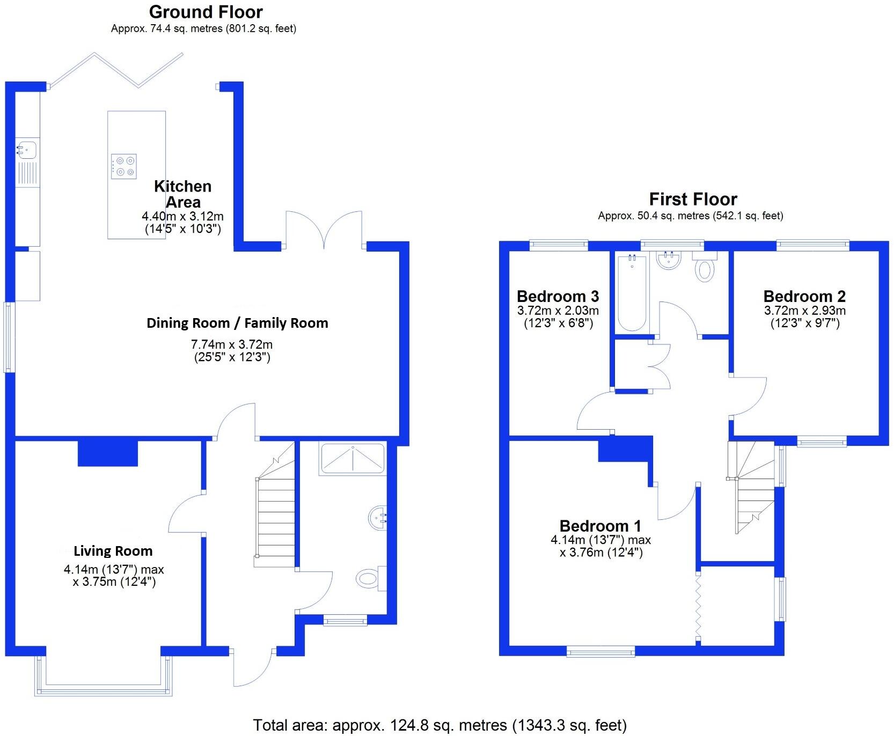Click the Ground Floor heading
click(x=206, y=12)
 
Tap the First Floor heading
click(x=693, y=200)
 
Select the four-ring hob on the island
click(x=124, y=166)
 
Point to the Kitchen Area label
click(x=182, y=194)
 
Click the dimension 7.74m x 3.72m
click(x=232, y=344)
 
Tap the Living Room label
click(x=113, y=551)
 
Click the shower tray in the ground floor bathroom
click(x=353, y=458)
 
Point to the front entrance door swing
click(x=252, y=668)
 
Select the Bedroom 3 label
click(x=558, y=296)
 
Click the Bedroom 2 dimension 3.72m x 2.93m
click(x=804, y=311)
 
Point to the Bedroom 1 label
click(x=600, y=526)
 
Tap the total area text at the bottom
click(x=439, y=725)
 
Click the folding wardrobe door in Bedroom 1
click(x=698, y=606)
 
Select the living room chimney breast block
click(x=108, y=453)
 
